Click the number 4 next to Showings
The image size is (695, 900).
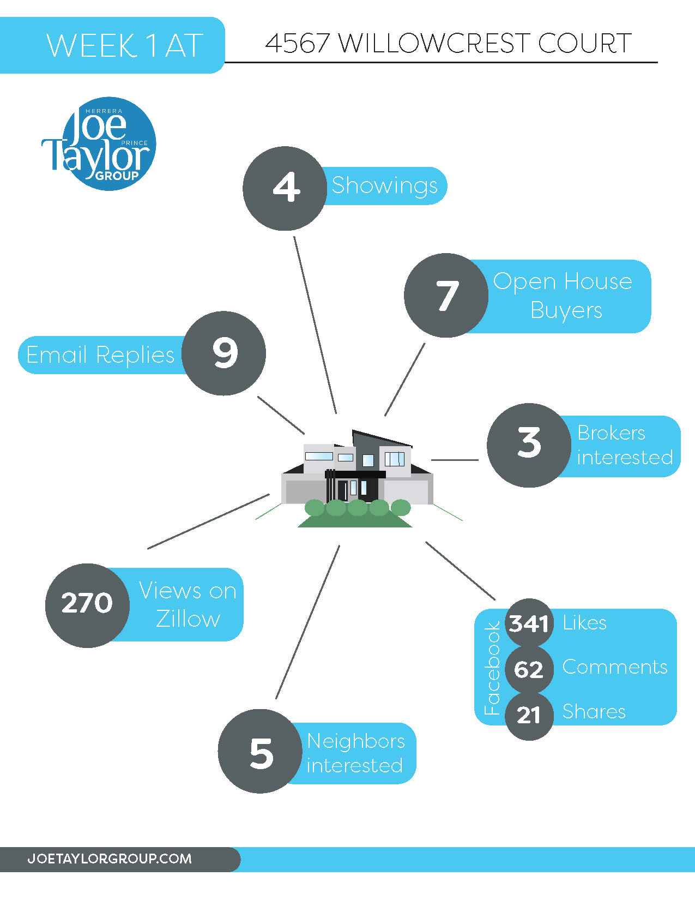pos(286,187)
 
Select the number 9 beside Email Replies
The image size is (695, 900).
pos(225,352)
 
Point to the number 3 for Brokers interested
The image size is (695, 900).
pos(529,443)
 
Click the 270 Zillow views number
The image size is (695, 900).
pos(87,603)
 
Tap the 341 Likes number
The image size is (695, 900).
pos(529,623)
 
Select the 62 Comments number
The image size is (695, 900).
pos(529,670)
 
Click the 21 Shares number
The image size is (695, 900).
pos(529,715)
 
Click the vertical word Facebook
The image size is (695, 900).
pos(492,669)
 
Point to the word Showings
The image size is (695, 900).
pos(384,186)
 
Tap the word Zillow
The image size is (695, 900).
pos(188,619)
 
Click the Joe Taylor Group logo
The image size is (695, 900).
pos(99,143)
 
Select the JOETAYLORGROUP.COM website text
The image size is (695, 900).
pos(110,859)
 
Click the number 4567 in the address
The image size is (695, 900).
pos(297,43)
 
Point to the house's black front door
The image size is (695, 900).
pos(343,490)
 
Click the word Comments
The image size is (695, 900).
pos(615,667)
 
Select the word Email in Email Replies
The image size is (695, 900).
pos(56,355)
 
